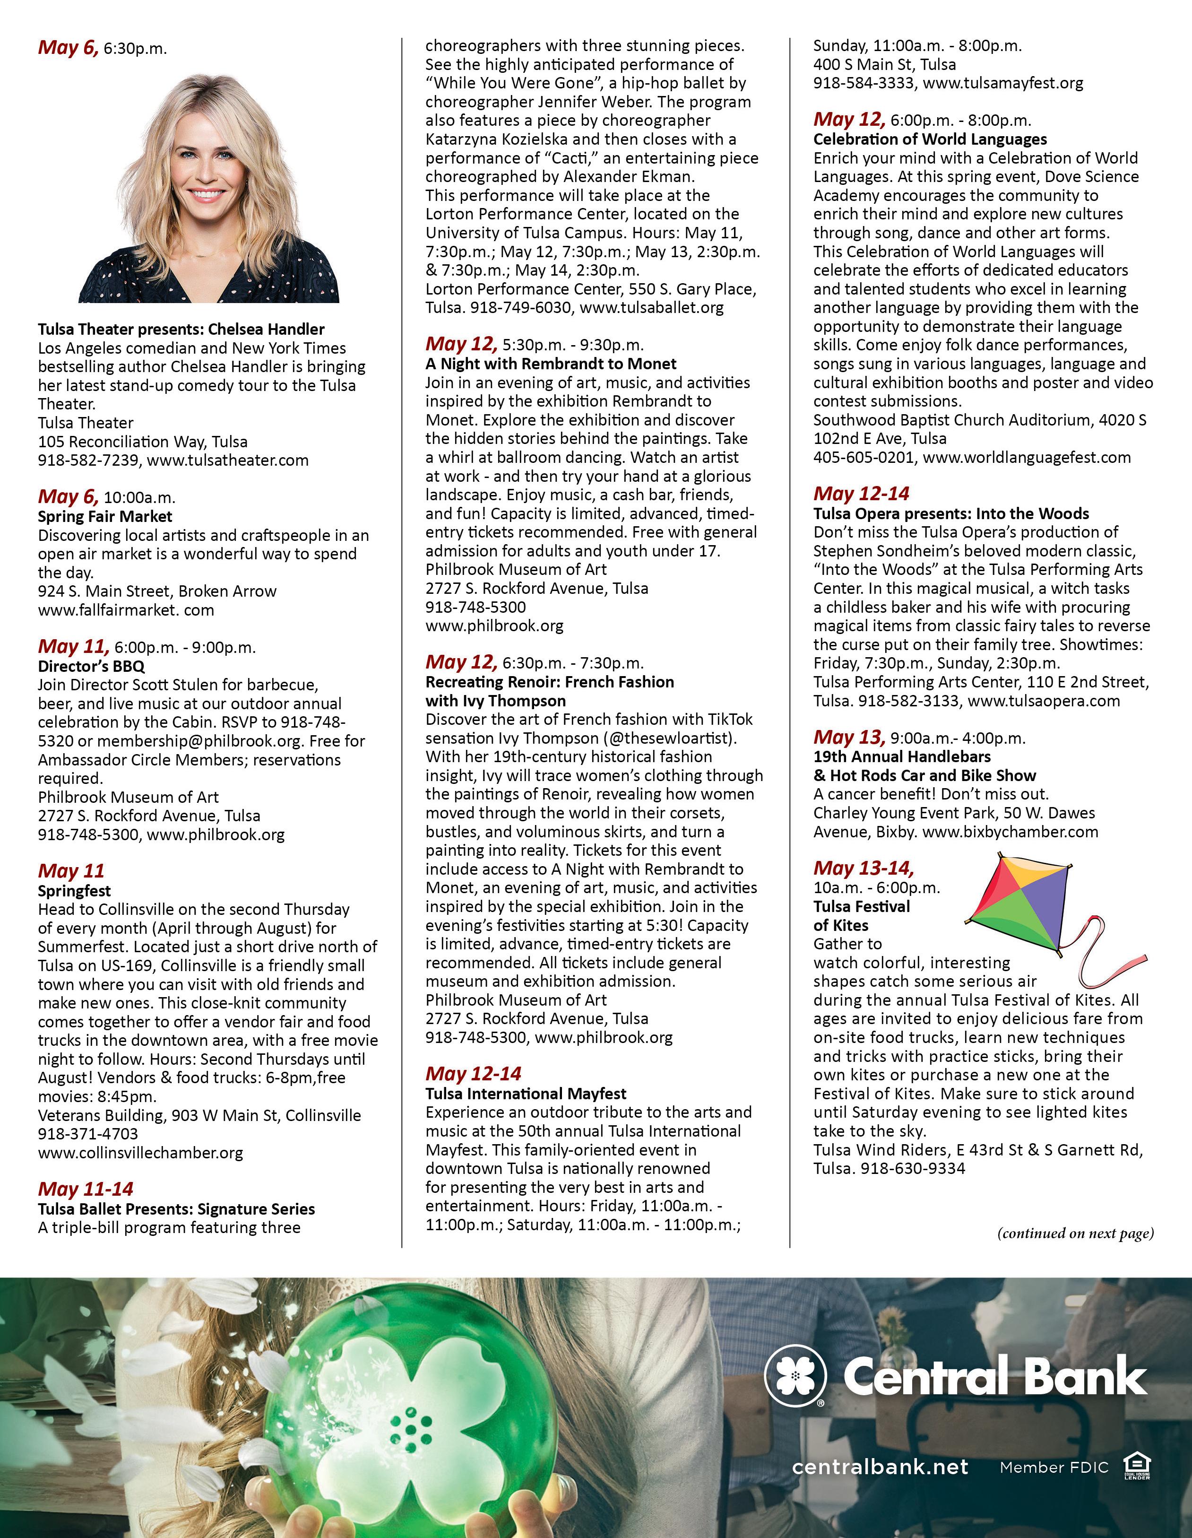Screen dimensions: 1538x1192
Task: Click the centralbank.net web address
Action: click(x=880, y=1467)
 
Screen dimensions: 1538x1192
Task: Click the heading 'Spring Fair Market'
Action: click(x=105, y=516)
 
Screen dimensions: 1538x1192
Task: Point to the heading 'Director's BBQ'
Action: click(x=92, y=666)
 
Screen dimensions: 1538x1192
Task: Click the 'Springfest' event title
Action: click(x=75, y=890)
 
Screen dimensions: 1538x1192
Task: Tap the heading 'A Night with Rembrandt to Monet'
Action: click(x=551, y=364)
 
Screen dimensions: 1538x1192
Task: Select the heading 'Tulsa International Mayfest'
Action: click(x=525, y=1093)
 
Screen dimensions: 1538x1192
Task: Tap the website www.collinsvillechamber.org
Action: click(x=141, y=1153)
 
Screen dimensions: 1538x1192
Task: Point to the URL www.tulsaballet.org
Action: click(x=651, y=308)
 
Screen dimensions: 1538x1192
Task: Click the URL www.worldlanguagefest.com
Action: click(x=1027, y=457)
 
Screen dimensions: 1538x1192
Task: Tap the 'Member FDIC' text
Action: click(x=1054, y=1467)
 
